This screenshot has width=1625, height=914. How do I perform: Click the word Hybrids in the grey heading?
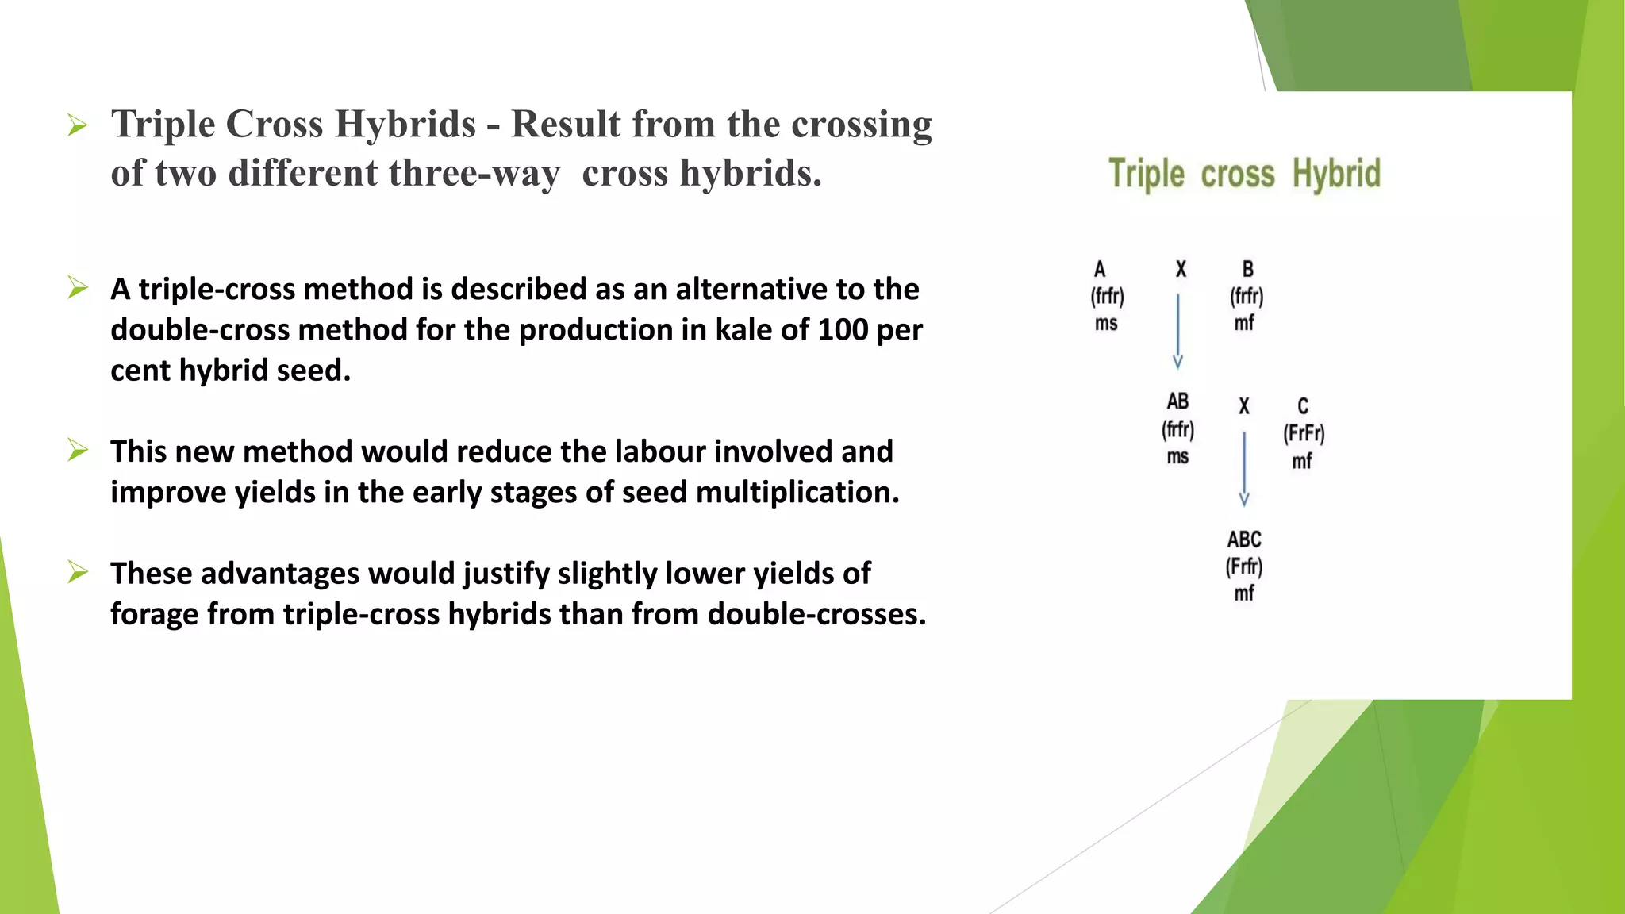405,125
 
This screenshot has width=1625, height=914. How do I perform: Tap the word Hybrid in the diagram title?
1336,174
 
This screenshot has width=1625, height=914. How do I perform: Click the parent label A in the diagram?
1100,269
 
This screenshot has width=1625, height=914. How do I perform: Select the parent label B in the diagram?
1247,269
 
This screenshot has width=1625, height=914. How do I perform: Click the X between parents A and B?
1181,270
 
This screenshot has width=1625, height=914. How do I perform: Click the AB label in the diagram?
1177,401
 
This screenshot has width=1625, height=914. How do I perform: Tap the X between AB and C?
1244,406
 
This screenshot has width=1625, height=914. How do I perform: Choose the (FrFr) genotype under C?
1304,433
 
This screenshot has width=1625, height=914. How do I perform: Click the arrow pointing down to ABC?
1244,468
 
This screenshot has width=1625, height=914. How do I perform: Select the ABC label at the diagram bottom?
1243,540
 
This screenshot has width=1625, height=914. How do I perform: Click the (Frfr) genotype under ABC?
1243,566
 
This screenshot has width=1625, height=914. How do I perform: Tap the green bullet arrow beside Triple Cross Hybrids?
78,125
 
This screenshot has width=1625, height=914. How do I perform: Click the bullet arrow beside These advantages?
78,572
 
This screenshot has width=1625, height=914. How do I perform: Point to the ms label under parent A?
1106,324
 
